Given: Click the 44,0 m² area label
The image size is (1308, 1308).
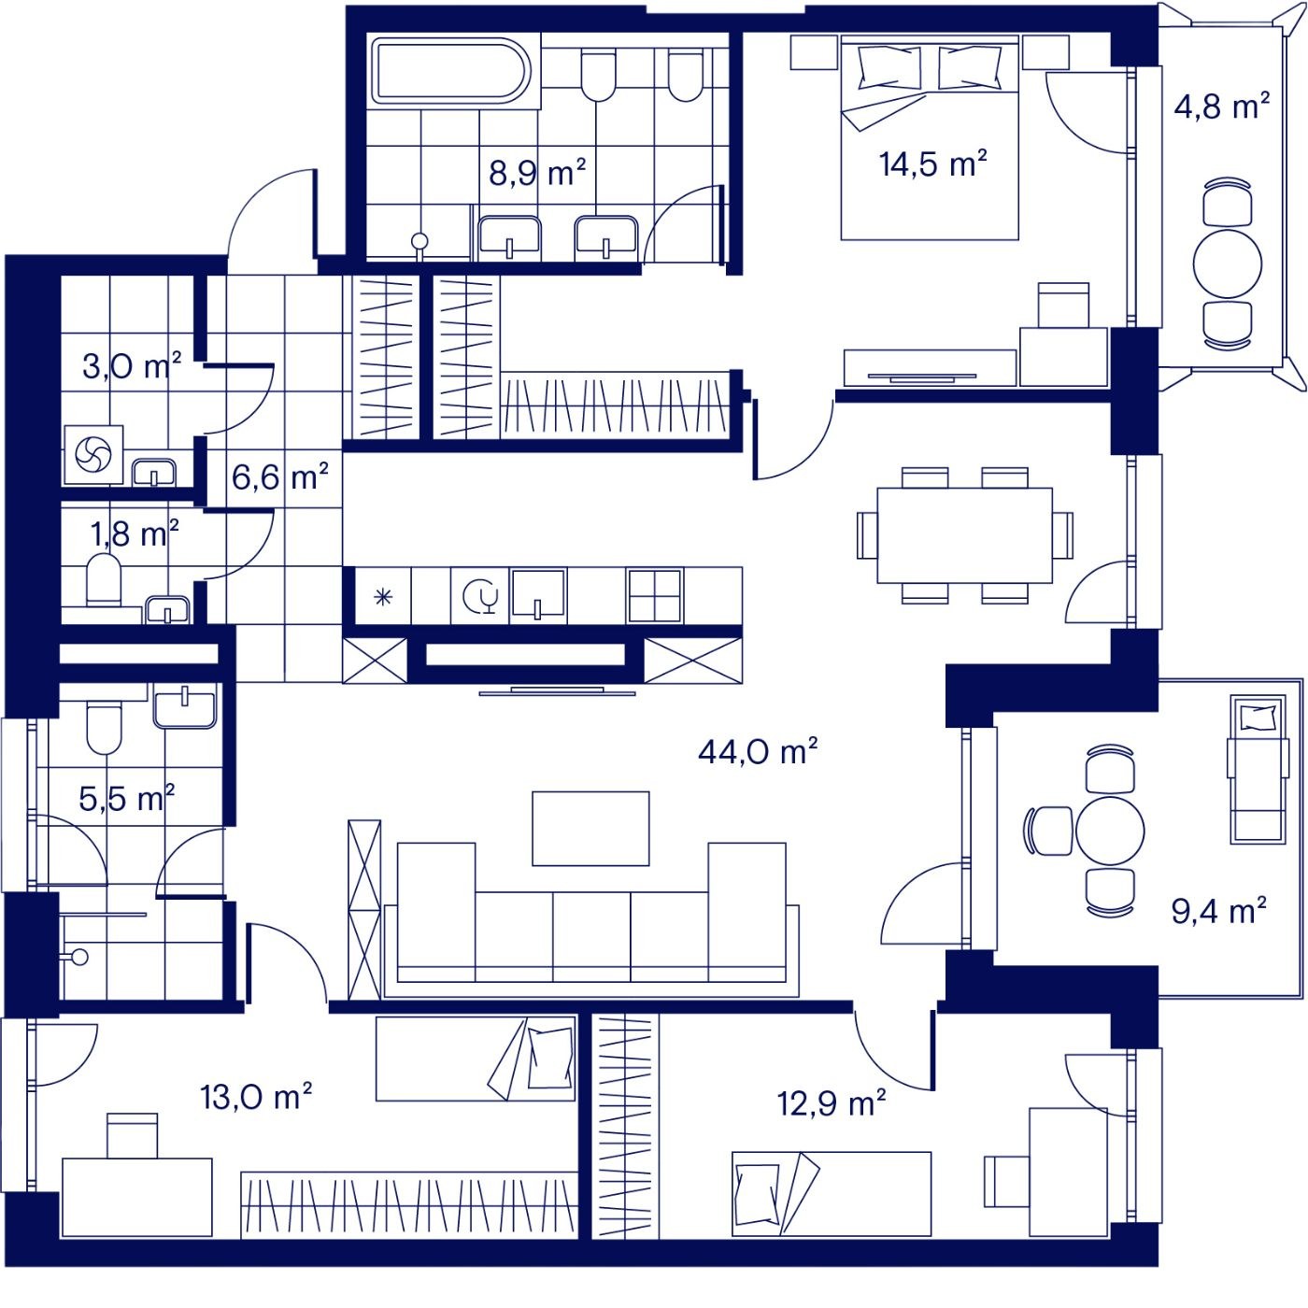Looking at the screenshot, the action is click(x=758, y=752).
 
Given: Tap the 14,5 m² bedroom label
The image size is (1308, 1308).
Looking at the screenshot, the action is click(x=932, y=164).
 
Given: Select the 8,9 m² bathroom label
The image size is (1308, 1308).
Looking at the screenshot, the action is click(x=537, y=173).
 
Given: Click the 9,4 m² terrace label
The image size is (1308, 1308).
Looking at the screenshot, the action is click(x=1219, y=910).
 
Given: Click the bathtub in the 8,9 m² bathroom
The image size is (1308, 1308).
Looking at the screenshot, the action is click(x=450, y=72).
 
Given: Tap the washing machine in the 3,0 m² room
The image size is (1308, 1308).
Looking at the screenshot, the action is click(x=93, y=455).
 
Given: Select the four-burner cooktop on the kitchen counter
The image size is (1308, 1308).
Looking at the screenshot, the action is click(x=654, y=595).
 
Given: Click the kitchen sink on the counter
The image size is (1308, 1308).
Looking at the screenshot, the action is click(x=538, y=594).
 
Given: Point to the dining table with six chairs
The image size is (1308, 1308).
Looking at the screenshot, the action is click(x=964, y=534).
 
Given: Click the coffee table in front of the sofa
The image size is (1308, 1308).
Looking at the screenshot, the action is click(x=590, y=828).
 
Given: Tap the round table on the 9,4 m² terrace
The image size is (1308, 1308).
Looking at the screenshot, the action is click(x=1110, y=831).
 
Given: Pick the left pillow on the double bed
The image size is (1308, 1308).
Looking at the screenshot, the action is click(x=889, y=67).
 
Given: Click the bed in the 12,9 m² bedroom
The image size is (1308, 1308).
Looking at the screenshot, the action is click(x=832, y=1193).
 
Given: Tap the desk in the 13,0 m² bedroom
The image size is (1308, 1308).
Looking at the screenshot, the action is click(x=137, y=1197).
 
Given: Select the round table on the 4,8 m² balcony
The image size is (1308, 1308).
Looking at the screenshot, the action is click(x=1228, y=263).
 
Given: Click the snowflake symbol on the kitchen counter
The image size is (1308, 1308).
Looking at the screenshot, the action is click(x=383, y=597).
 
